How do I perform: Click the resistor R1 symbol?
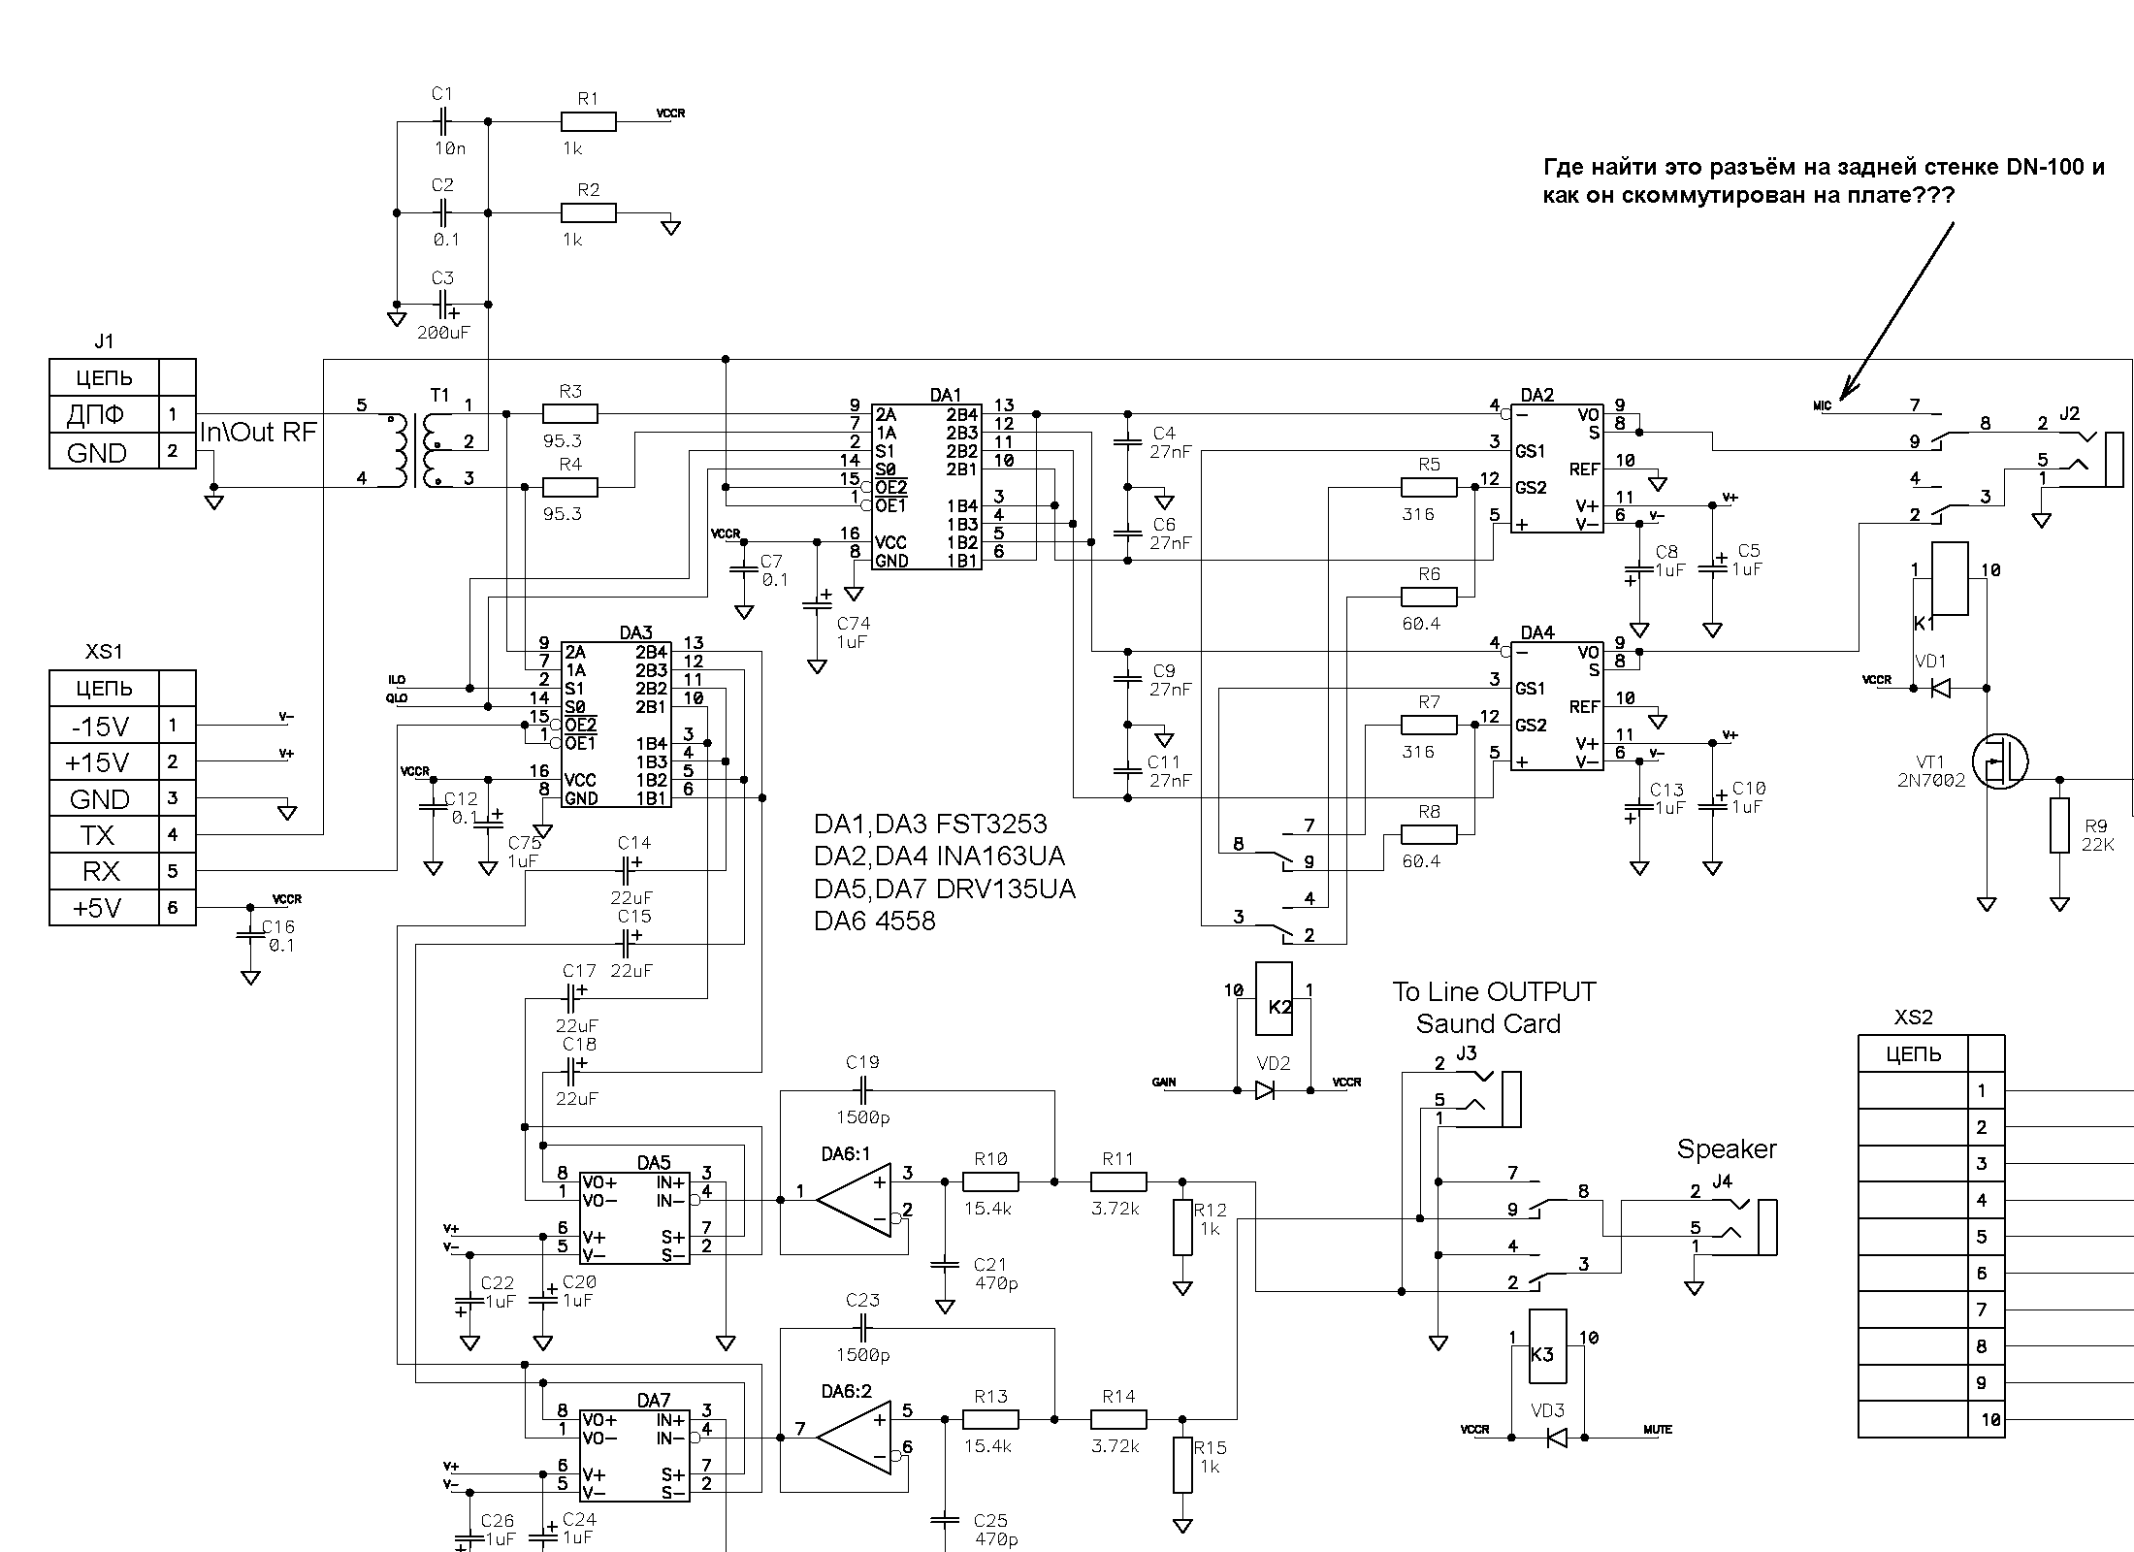point(588,121)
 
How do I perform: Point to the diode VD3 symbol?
point(1556,1437)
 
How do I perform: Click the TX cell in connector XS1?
point(103,834)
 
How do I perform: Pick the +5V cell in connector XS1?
point(103,908)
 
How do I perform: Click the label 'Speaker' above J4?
point(1727,1149)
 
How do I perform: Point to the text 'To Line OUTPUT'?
point(1494,991)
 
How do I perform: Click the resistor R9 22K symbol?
point(2060,825)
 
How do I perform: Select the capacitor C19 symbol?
point(862,1090)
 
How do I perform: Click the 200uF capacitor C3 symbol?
point(442,305)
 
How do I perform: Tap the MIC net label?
point(1822,405)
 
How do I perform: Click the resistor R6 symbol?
point(1429,598)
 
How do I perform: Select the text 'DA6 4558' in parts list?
point(875,921)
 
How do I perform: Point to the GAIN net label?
point(1164,1082)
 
